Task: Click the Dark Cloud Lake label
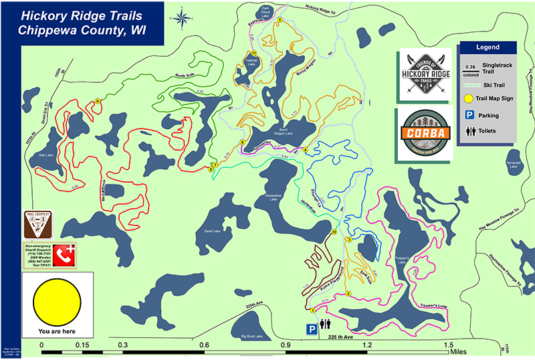(x=269, y=10)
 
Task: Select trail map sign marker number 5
(x=280, y=20)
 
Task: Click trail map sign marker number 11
(x=253, y=53)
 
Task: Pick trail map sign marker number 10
(x=334, y=232)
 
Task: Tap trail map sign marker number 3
(x=348, y=239)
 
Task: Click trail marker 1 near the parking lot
(x=312, y=310)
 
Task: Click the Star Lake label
(x=46, y=155)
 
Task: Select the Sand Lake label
(x=211, y=232)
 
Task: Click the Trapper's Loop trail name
(x=428, y=306)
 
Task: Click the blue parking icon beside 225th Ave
(x=311, y=329)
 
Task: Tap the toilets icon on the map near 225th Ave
(x=325, y=324)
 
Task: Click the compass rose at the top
(x=180, y=19)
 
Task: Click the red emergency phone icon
(x=64, y=255)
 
